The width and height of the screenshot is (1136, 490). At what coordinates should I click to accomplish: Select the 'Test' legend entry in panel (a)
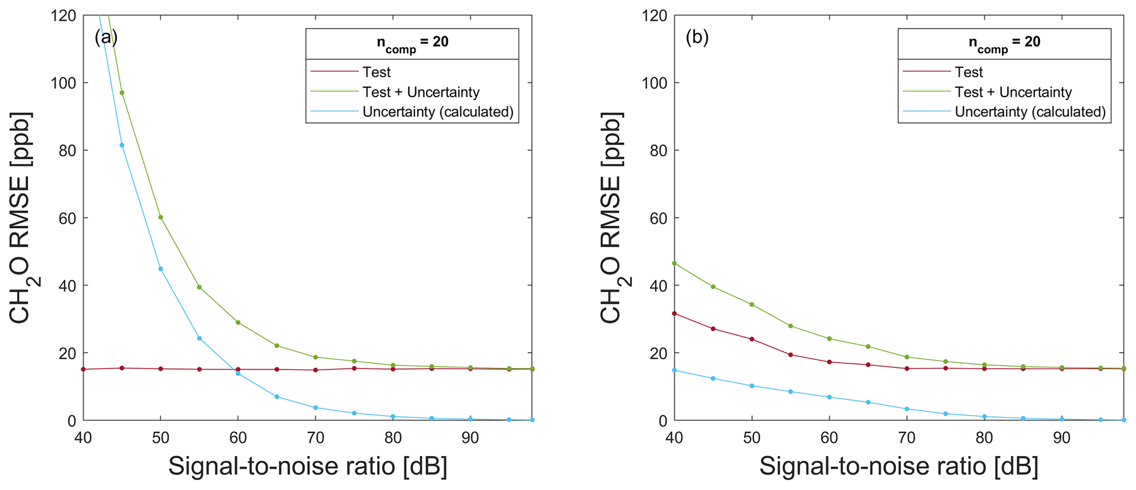[376, 72]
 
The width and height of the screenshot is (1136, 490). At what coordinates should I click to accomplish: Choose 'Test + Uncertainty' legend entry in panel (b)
[1013, 92]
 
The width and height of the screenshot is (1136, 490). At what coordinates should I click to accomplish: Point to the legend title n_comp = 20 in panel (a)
[412, 43]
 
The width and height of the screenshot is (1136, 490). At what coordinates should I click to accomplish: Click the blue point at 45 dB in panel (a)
[122, 145]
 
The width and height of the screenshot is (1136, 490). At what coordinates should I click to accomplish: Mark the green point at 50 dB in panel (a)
[160, 217]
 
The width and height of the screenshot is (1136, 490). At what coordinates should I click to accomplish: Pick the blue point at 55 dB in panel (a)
[200, 338]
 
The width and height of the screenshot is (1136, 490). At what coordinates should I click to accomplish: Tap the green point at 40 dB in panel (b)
[674, 263]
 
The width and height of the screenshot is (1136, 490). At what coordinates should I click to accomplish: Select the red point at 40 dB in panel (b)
[674, 314]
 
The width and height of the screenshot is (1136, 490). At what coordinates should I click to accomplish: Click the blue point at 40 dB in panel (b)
[674, 370]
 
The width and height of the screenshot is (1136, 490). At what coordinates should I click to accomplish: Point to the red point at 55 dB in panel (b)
[790, 354]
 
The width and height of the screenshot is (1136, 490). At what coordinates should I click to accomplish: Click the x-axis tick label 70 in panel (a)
[315, 438]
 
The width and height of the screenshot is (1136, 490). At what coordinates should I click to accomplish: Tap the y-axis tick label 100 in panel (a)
[61, 83]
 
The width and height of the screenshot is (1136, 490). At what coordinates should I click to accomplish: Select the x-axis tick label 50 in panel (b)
[752, 438]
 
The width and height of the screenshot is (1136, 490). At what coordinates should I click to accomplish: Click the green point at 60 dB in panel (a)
[238, 322]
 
